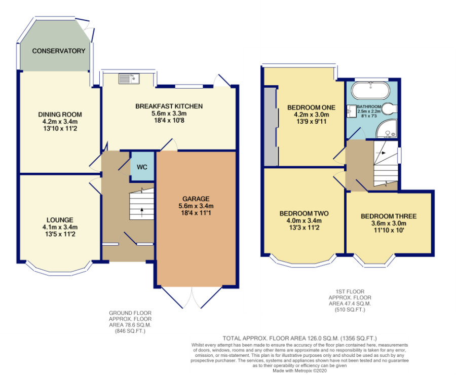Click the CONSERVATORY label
pyautogui.click(x=58, y=51)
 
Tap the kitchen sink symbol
pyautogui.click(x=129, y=79)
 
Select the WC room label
pyautogui.click(x=142, y=167)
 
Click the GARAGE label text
pyautogui.click(x=196, y=199)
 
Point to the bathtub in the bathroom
pyautogui.click(x=370, y=90)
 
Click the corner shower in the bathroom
pyautogui.click(x=386, y=128)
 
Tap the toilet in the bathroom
pyautogui.click(x=389, y=109)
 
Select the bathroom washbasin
pyautogui.click(x=352, y=111)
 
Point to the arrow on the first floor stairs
pyautogui.click(x=381, y=153)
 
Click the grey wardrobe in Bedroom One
pyautogui.click(x=271, y=127)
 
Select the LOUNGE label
pyautogui.click(x=60, y=220)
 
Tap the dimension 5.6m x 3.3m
pyautogui.click(x=169, y=113)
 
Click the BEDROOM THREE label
pyautogui.click(x=389, y=216)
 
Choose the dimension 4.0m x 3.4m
pyautogui.click(x=304, y=220)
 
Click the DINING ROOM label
pyautogui.click(x=60, y=115)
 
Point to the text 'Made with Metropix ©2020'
pyautogui.click(x=299, y=370)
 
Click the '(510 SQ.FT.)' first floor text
pyautogui.click(x=350, y=310)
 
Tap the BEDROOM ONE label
pyautogui.click(x=311, y=107)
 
